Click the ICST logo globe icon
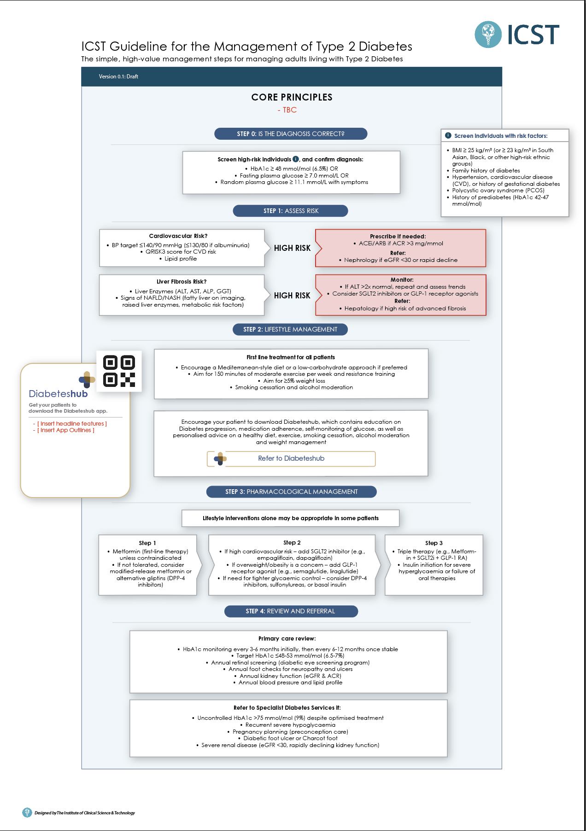(x=488, y=34)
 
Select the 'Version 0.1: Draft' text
(x=118, y=77)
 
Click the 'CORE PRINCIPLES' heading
(x=292, y=97)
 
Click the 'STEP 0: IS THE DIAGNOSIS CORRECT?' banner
(x=291, y=134)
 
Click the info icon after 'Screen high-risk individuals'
(x=296, y=159)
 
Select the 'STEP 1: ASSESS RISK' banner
(x=291, y=211)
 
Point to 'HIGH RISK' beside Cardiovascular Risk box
(x=292, y=248)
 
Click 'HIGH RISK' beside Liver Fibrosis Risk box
(x=292, y=296)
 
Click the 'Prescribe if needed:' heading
(x=398, y=236)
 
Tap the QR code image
(x=119, y=371)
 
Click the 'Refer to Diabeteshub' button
(x=291, y=458)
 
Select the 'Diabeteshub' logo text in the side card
(x=58, y=394)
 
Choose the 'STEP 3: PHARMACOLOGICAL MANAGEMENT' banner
(x=291, y=492)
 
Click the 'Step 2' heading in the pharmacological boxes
(x=292, y=543)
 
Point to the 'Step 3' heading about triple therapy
(x=434, y=543)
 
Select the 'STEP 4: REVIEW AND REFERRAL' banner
(x=291, y=611)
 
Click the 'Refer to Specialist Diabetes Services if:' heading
(x=287, y=708)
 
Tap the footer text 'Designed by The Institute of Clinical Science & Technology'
(x=85, y=813)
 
